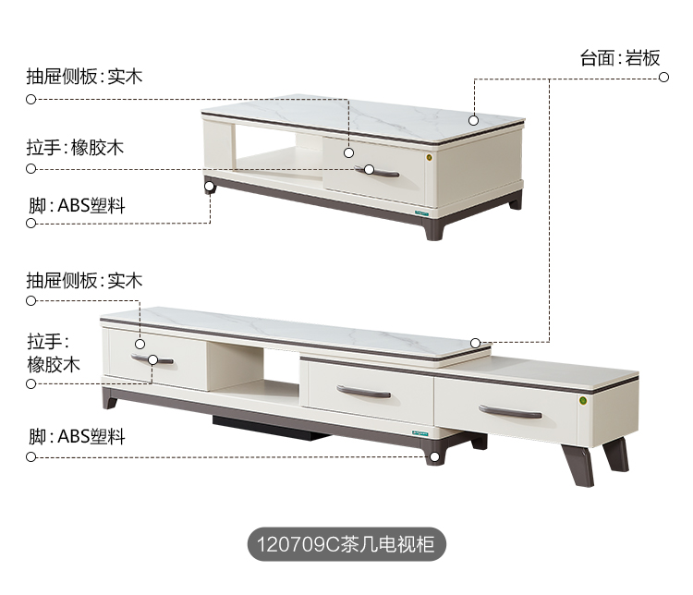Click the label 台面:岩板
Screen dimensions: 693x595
tap(620, 58)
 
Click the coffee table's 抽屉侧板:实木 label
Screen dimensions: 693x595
tap(84, 77)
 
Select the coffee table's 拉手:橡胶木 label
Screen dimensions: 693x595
tap(75, 147)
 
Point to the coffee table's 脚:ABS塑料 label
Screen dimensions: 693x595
tap(77, 205)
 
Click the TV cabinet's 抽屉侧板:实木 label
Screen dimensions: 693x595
tap(84, 280)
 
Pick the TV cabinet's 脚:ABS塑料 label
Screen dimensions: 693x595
tap(77, 436)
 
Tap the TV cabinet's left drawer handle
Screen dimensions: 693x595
tap(152, 358)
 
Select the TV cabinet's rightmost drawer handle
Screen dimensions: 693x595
tap(511, 411)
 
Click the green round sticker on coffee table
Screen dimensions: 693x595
tap(429, 157)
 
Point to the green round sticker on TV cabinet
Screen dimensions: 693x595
tap(583, 400)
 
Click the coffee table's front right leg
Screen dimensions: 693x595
tap(434, 227)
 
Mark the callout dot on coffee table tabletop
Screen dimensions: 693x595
tap(473, 119)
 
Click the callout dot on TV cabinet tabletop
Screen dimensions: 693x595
tap(476, 343)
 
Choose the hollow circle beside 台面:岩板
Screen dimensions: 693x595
tap(663, 79)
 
